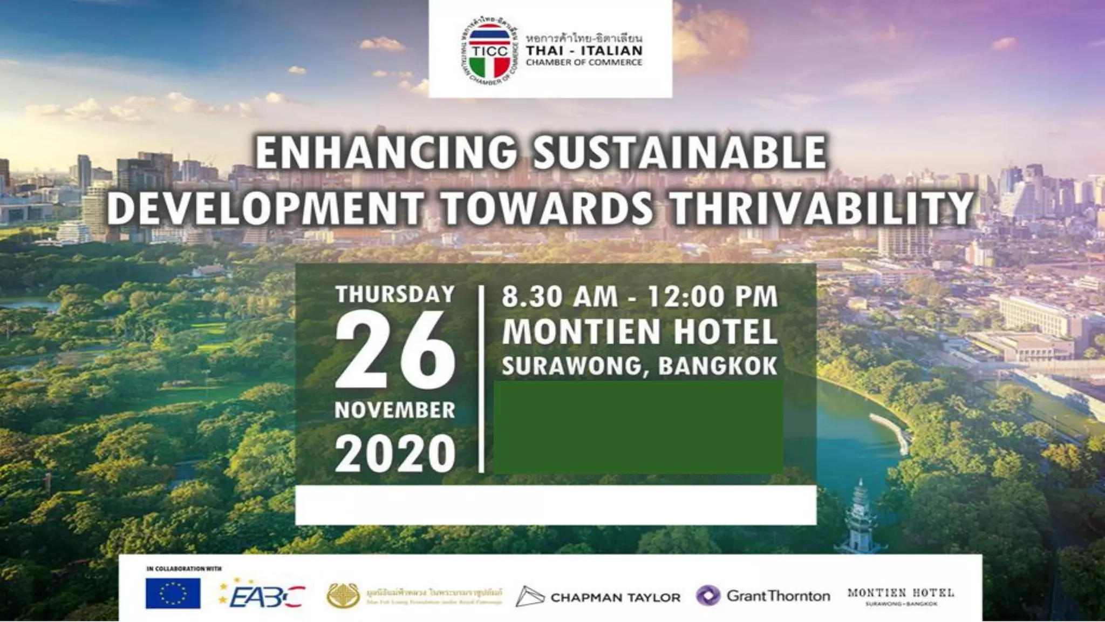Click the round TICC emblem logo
(x=488, y=53)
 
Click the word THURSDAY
(x=395, y=295)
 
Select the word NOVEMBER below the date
(x=395, y=410)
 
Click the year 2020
(x=395, y=454)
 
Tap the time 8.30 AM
(x=560, y=297)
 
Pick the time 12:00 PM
(x=713, y=297)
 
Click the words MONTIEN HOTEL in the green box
(x=640, y=332)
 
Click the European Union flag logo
(x=173, y=593)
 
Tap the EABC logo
(x=263, y=595)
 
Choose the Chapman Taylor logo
(x=598, y=597)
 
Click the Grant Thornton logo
(x=763, y=596)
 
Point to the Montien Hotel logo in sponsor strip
(x=900, y=596)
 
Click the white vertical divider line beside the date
(x=481, y=380)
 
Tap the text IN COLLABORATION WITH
(x=183, y=569)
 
